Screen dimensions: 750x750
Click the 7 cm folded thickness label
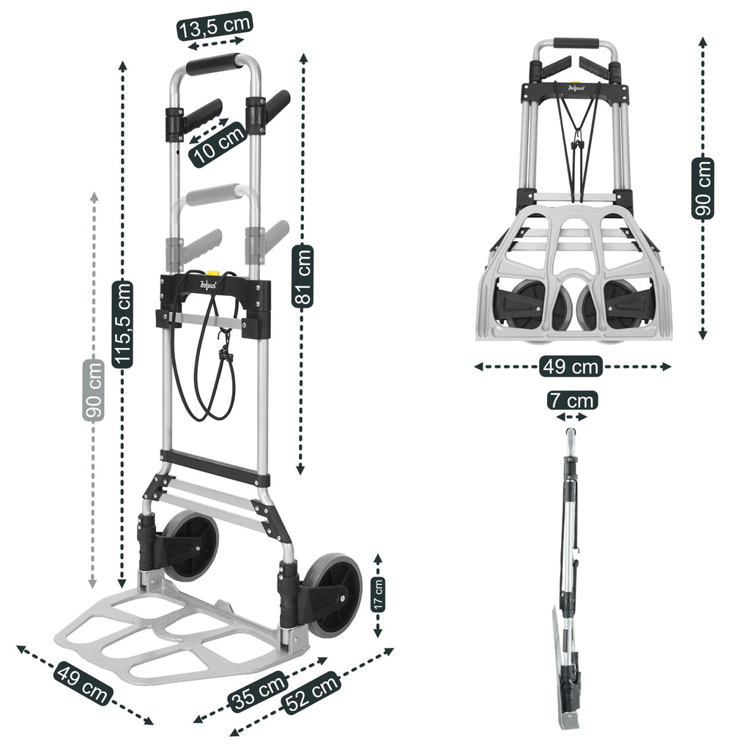click(571, 401)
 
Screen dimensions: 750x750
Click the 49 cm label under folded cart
click(571, 366)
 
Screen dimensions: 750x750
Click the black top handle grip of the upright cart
click(213, 64)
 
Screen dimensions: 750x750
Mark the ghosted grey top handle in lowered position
click(212, 196)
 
